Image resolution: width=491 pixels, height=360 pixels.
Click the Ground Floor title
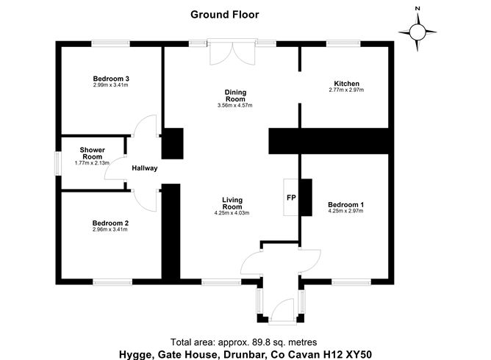[x=224, y=15]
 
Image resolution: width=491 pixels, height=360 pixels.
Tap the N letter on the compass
[x=417, y=9]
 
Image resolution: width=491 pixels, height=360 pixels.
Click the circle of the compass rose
[x=417, y=32]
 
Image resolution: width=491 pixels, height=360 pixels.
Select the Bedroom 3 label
[x=111, y=79]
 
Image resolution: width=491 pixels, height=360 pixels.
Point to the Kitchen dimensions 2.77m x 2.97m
[x=346, y=90]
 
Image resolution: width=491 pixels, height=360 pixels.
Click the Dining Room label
[x=235, y=96]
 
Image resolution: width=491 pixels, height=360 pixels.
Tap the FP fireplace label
[x=291, y=198]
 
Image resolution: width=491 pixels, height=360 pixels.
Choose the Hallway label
[x=145, y=168]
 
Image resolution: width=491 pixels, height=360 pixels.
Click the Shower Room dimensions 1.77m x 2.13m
[x=92, y=163]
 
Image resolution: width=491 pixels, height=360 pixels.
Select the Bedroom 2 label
[x=110, y=223]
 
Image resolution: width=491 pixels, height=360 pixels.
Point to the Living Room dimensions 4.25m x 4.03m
[x=232, y=213]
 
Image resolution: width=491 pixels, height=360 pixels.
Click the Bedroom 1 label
[x=345, y=205]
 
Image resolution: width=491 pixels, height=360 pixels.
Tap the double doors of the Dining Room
[x=232, y=53]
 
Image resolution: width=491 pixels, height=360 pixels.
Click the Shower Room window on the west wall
[x=58, y=163]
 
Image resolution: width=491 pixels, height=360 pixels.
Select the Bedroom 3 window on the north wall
[x=110, y=43]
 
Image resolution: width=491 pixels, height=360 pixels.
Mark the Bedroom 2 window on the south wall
[x=112, y=282]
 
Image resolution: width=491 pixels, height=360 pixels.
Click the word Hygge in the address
[x=137, y=355]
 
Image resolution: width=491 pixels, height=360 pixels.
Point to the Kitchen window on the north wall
[x=343, y=43]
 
